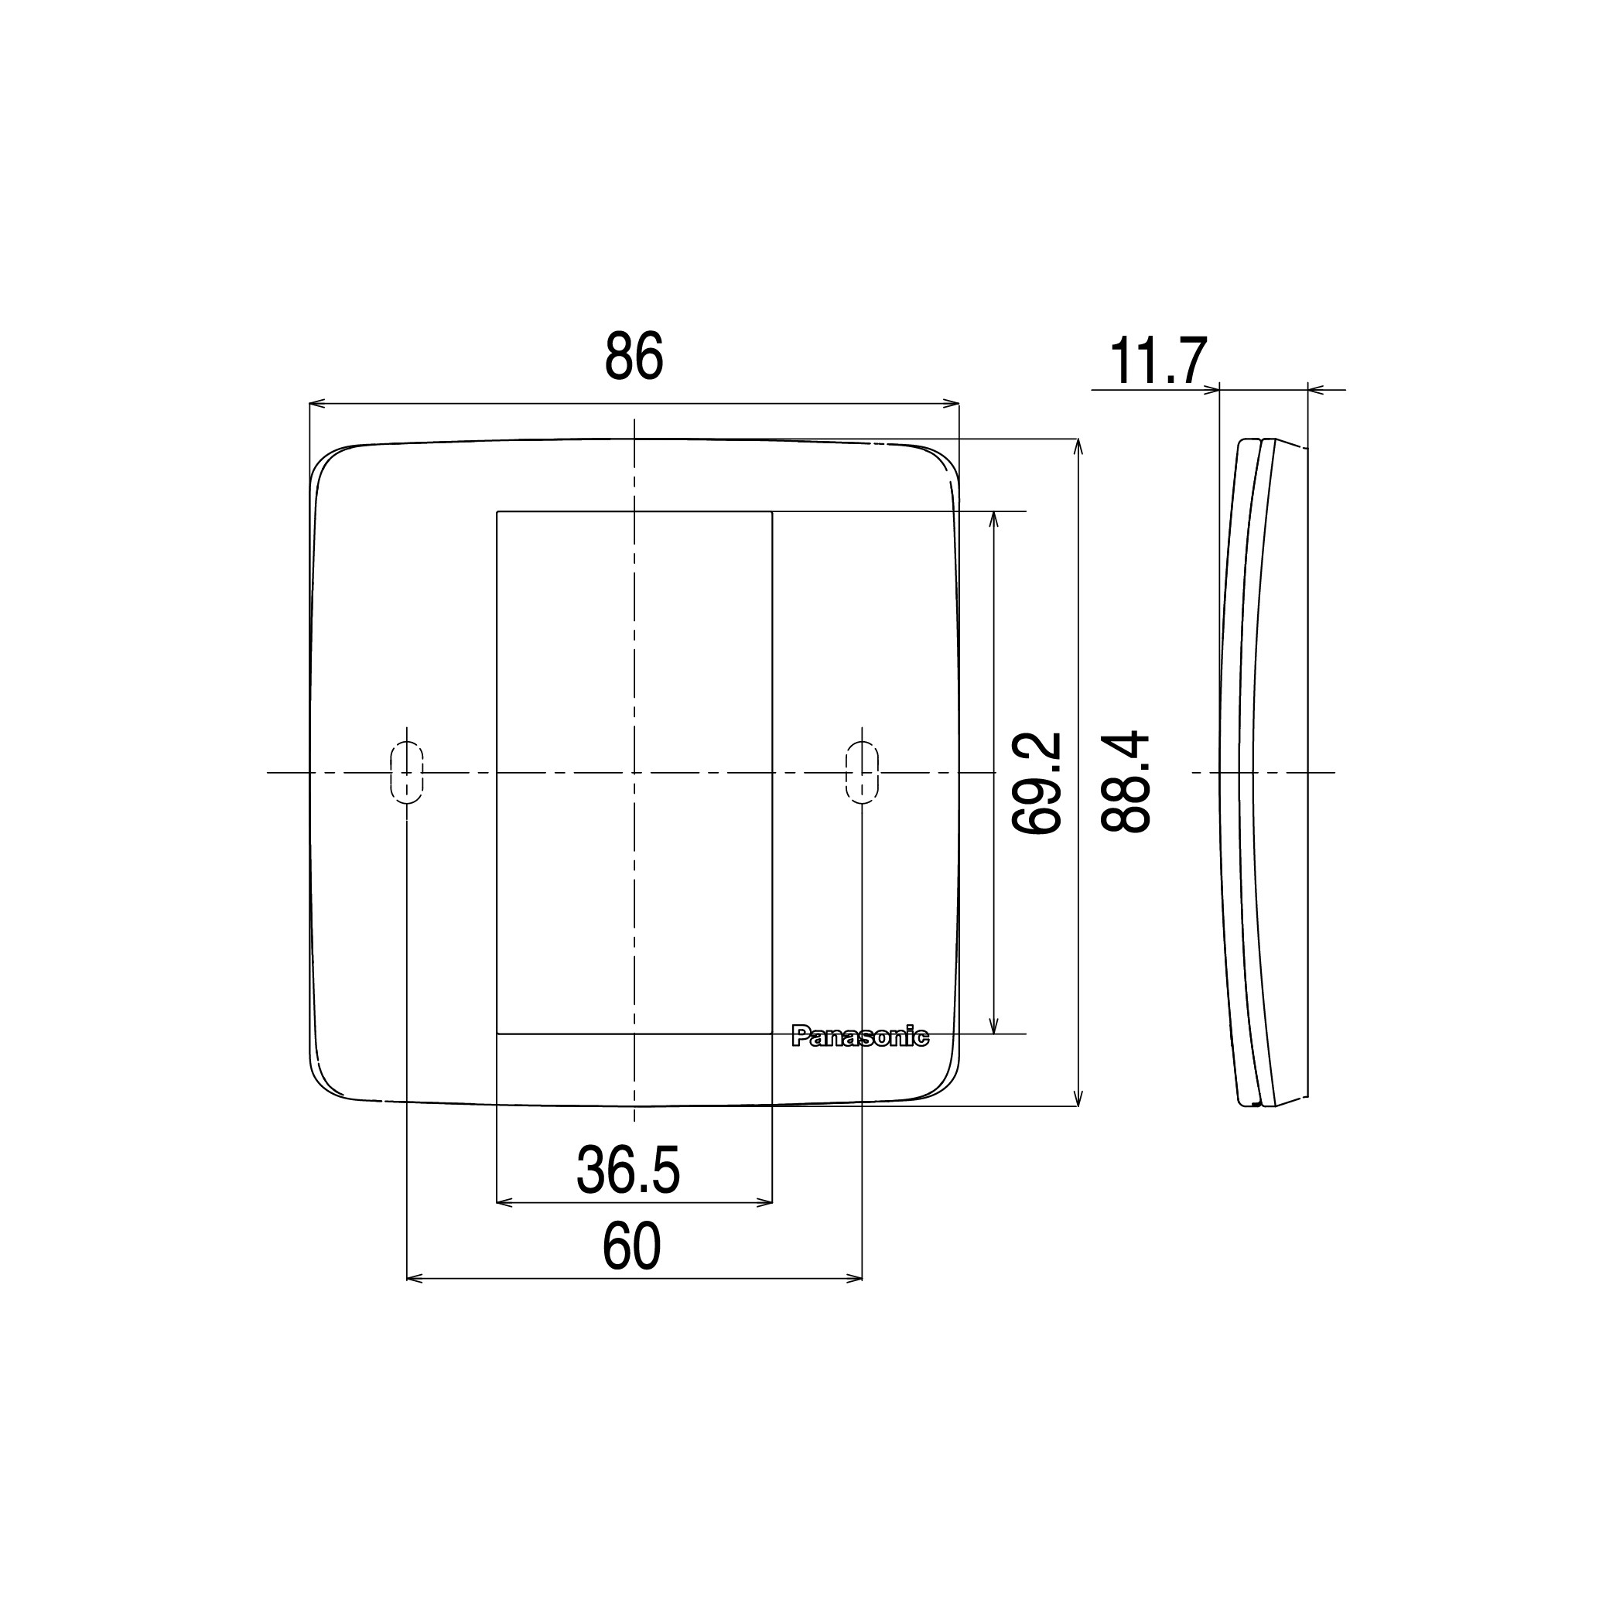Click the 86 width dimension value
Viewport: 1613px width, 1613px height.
[x=634, y=357]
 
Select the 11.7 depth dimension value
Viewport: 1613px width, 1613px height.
[x=1158, y=361]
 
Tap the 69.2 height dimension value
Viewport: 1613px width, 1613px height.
[x=1036, y=782]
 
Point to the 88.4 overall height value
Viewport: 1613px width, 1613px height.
[x=1126, y=782]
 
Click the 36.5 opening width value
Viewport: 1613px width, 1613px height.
[x=628, y=1170]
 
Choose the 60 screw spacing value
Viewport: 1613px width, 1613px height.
[x=631, y=1248]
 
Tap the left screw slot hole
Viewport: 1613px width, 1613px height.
[x=407, y=772]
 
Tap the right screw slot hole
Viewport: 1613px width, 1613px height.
[x=862, y=772]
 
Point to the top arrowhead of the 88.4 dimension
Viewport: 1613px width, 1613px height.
[x=1079, y=446]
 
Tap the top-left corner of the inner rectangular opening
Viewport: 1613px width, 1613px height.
[x=497, y=512]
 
